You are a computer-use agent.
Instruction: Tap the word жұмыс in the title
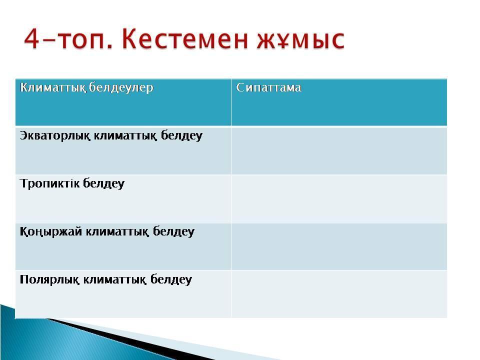(301, 40)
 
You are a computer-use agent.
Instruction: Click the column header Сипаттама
(269, 87)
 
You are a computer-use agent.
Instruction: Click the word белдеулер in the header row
(121, 88)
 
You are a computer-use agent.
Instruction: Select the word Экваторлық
(55, 135)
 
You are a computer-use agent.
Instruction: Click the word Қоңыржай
(51, 231)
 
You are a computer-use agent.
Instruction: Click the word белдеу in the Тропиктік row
(104, 183)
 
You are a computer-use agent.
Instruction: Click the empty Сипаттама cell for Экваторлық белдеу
(339, 150)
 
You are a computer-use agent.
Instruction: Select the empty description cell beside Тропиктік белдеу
(339, 198)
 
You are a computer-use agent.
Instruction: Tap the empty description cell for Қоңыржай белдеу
(339, 246)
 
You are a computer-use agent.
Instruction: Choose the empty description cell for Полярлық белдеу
(339, 294)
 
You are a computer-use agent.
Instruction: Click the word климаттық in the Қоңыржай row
(117, 231)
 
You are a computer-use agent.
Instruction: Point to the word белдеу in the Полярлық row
(171, 280)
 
